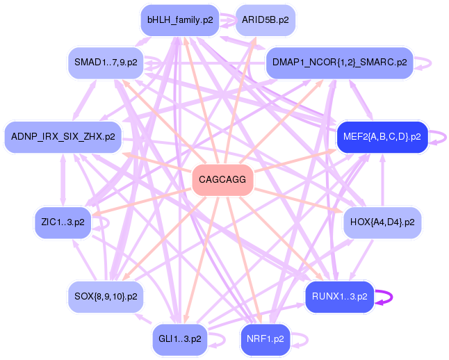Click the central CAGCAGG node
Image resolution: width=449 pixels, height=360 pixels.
coord(222,180)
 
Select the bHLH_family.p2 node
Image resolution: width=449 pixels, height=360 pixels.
coord(180,20)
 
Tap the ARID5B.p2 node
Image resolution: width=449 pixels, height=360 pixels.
coord(266,20)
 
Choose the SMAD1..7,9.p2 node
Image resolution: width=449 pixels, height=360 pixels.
coord(106,63)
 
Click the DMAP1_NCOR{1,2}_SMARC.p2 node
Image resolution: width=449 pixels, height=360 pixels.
coord(340,63)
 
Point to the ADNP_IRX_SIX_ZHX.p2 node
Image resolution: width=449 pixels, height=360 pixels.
coord(63,137)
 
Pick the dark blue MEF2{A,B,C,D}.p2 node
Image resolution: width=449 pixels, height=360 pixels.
coord(382,137)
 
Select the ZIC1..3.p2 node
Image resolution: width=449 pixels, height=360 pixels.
coord(63,222)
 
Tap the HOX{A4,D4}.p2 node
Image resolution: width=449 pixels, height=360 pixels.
coord(382,222)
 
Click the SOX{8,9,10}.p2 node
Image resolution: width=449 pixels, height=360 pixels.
coord(106,297)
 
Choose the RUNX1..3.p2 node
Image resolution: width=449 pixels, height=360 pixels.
coord(340,297)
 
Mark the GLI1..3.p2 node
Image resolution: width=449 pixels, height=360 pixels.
coord(180,339)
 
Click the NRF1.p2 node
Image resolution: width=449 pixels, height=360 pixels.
coord(266,339)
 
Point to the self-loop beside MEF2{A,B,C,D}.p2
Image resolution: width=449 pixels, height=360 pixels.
coord(446,137)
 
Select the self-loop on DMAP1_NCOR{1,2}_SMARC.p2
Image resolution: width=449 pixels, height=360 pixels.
coord(431,63)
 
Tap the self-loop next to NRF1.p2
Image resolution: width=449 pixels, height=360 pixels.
coord(307,339)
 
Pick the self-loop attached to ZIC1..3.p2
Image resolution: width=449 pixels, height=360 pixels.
coord(108,222)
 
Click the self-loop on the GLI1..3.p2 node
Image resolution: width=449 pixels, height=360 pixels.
coord(224,339)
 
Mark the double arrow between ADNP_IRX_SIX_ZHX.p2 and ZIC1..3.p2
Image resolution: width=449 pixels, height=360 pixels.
coord(63,180)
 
